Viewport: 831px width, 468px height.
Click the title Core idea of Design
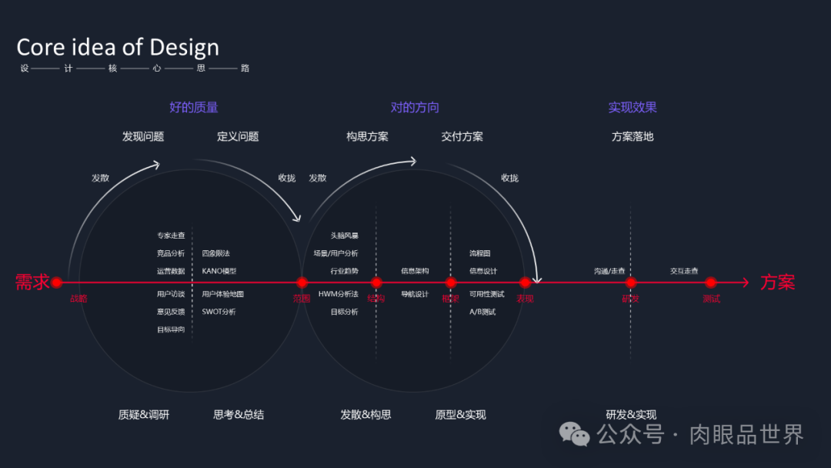click(x=118, y=47)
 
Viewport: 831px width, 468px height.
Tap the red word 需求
click(x=32, y=282)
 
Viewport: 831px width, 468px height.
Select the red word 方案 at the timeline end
click(x=778, y=282)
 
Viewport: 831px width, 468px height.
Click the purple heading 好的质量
click(x=193, y=107)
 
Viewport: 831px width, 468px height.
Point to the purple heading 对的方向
click(x=415, y=107)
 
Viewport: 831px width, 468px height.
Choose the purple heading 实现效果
click(x=632, y=107)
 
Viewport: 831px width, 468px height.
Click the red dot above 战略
click(x=56, y=282)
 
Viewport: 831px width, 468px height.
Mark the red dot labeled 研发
click(x=631, y=282)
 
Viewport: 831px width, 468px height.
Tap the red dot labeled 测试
click(x=711, y=282)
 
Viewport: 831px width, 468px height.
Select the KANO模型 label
click(x=219, y=271)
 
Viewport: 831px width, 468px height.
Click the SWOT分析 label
click(x=219, y=312)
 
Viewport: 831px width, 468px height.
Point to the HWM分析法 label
click(x=339, y=294)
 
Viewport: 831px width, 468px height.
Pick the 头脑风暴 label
click(x=344, y=236)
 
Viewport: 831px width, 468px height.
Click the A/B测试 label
click(x=482, y=312)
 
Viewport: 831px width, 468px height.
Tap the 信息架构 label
click(x=415, y=271)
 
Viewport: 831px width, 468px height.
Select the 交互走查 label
click(x=684, y=271)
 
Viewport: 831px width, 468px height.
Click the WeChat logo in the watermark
click(x=575, y=434)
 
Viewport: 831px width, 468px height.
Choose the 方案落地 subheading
click(x=632, y=136)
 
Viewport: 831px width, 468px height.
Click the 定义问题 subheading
click(x=238, y=136)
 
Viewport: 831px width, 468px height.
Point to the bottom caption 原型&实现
click(x=460, y=414)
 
